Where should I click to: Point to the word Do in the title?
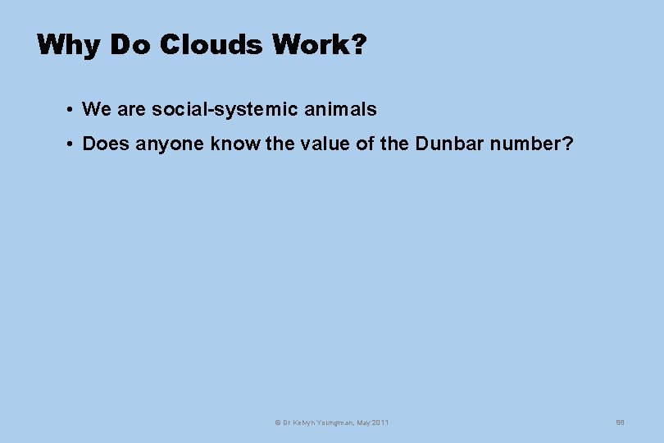(x=130, y=44)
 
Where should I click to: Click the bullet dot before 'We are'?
(x=72, y=109)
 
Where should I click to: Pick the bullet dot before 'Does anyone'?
(x=72, y=144)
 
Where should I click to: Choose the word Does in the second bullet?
(x=106, y=144)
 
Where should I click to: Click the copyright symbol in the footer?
(x=277, y=422)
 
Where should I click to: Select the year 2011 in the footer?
(x=380, y=422)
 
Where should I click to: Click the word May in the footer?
(x=362, y=422)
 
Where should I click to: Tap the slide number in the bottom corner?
(x=620, y=422)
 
